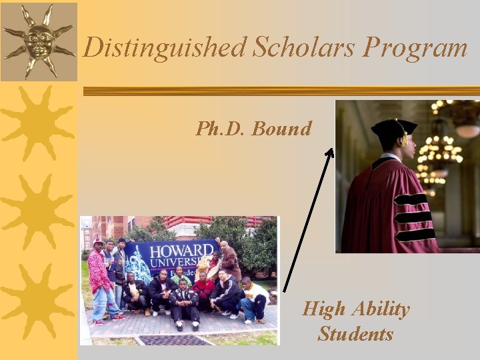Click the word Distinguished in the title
click(165, 47)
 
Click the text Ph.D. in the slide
click(220, 128)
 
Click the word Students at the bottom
click(355, 333)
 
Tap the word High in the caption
click(324, 309)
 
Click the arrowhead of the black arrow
click(329, 153)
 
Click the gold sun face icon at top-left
click(38, 40)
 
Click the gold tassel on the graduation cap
click(403, 137)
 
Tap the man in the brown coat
click(229, 262)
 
